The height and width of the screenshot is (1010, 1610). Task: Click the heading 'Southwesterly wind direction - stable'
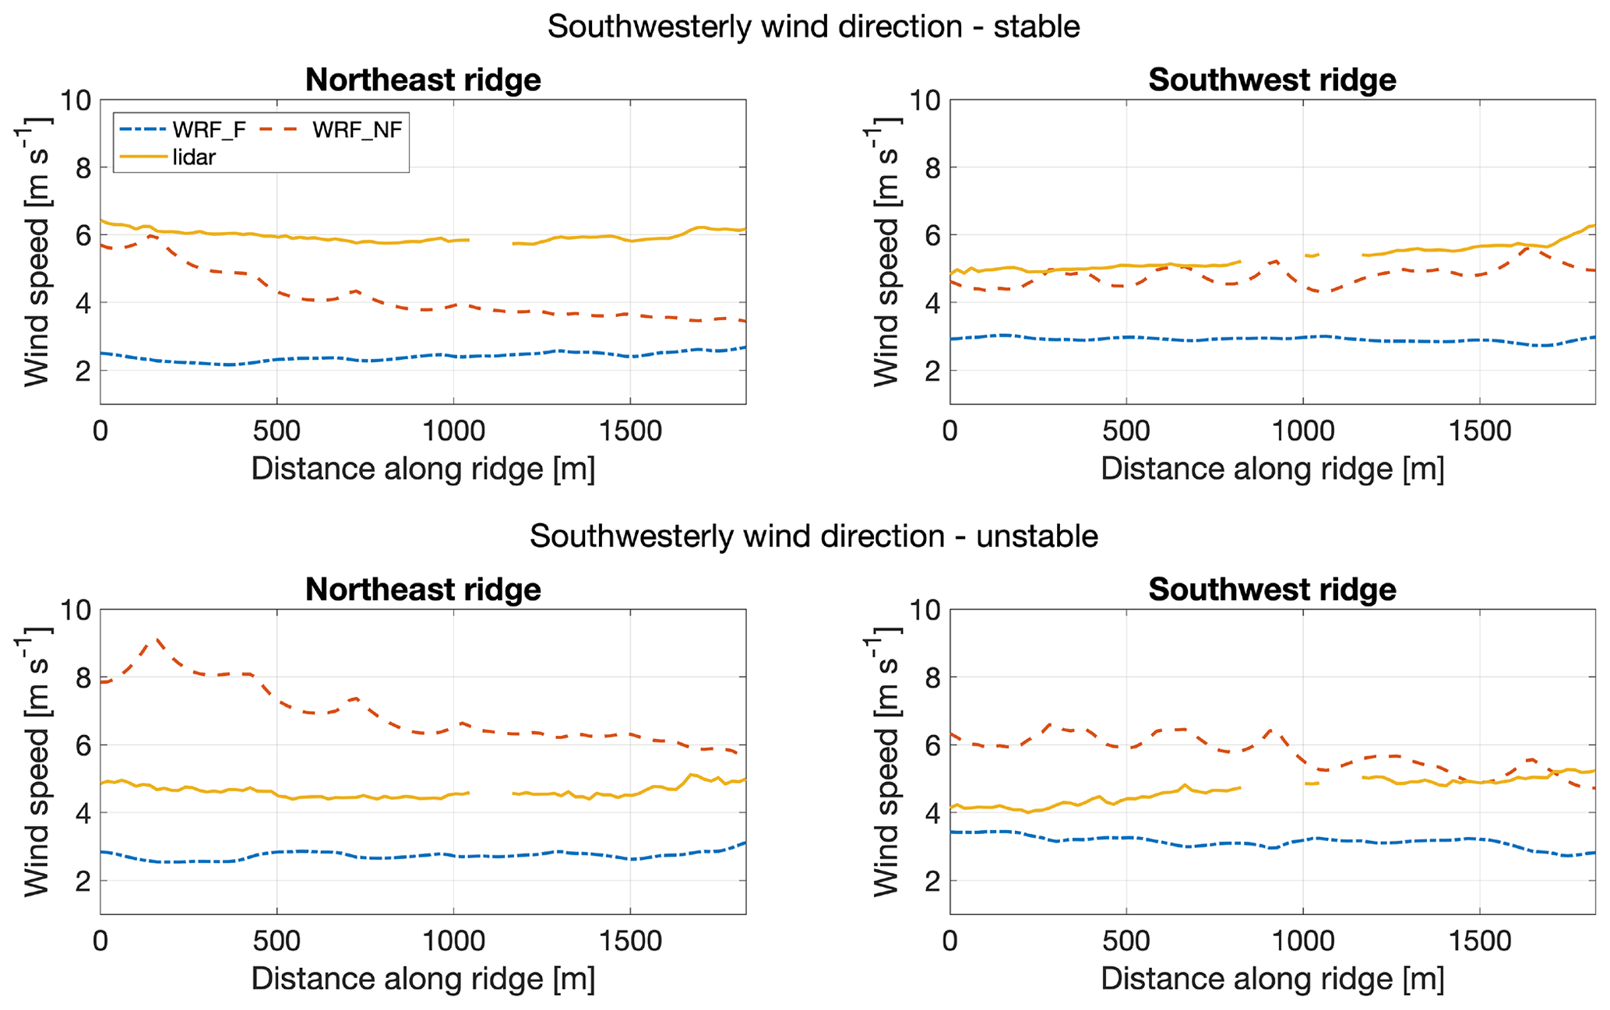click(x=813, y=26)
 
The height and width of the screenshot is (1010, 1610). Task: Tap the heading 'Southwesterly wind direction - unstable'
click(x=813, y=537)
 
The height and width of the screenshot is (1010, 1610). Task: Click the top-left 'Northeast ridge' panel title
click(x=423, y=80)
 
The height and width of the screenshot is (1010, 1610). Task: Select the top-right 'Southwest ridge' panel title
click(x=1272, y=80)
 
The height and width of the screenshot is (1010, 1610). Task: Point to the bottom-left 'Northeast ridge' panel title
click(x=423, y=589)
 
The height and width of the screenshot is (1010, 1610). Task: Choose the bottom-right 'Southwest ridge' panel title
click(x=1272, y=589)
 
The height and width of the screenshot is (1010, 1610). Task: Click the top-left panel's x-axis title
click(x=423, y=469)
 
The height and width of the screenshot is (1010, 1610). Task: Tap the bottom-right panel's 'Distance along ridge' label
click(x=1272, y=979)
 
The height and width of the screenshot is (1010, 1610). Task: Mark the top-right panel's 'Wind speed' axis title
click(x=886, y=252)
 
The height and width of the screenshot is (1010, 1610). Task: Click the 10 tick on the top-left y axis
click(x=76, y=100)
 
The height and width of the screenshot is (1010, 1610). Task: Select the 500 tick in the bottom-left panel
click(x=277, y=941)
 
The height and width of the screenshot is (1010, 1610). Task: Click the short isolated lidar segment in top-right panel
click(x=1312, y=255)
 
